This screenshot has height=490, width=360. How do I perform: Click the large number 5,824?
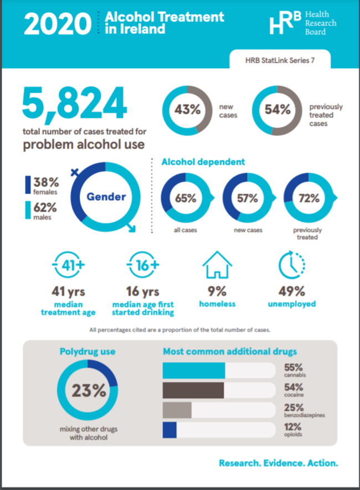click(74, 104)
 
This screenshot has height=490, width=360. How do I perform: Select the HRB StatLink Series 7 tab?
click(280, 60)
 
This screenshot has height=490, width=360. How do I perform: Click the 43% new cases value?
click(188, 110)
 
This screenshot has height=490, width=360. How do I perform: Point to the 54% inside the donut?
click(277, 110)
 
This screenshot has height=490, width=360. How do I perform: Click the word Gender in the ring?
click(106, 197)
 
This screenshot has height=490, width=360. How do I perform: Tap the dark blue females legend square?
click(28, 185)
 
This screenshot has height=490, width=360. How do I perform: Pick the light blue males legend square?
click(28, 210)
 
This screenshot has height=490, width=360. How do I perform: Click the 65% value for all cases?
click(186, 198)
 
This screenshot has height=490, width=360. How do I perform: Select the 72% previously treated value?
click(308, 198)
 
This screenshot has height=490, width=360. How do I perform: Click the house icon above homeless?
click(217, 265)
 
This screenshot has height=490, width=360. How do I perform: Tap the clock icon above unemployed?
click(291, 265)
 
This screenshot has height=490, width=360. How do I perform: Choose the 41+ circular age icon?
click(69, 265)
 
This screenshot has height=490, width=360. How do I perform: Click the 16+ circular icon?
click(143, 265)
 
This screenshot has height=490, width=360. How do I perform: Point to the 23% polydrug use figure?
click(89, 391)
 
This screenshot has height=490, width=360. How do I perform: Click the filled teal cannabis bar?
click(194, 370)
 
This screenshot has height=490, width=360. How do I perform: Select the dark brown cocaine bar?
click(193, 390)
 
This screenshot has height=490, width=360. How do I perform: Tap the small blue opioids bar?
click(169, 430)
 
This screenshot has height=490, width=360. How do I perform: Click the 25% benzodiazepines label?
click(304, 410)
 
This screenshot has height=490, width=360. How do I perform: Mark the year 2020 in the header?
click(58, 24)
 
